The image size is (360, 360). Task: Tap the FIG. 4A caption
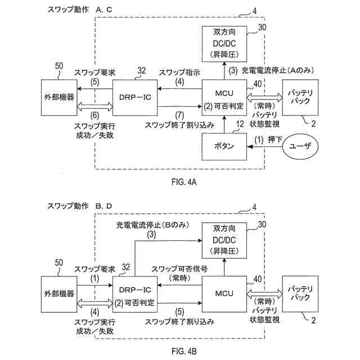tap(184, 182)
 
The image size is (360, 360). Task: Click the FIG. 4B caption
tap(184, 351)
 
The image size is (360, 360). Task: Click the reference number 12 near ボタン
tap(240, 124)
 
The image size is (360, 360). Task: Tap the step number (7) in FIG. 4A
tap(179, 115)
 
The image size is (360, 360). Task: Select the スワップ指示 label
tap(179, 73)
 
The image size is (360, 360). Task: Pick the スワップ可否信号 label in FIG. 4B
tap(179, 269)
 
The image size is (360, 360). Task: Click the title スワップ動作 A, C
tap(80, 10)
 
